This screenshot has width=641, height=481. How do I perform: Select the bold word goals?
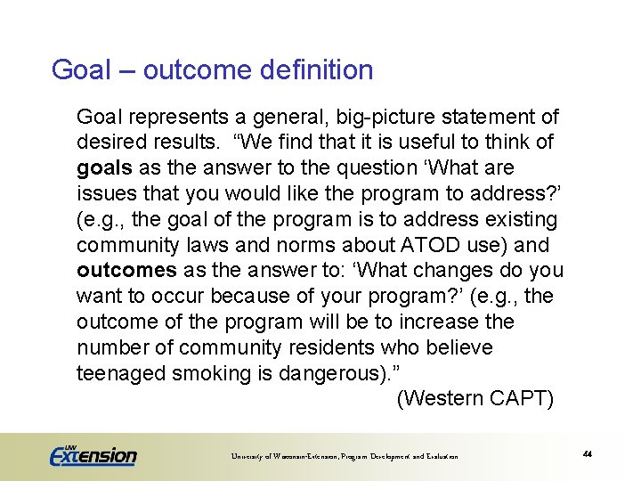104,168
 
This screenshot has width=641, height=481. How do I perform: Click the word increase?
434,322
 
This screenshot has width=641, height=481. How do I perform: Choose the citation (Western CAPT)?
475,399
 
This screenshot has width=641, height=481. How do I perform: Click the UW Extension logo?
93,455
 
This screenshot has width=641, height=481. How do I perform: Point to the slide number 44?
588,454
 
